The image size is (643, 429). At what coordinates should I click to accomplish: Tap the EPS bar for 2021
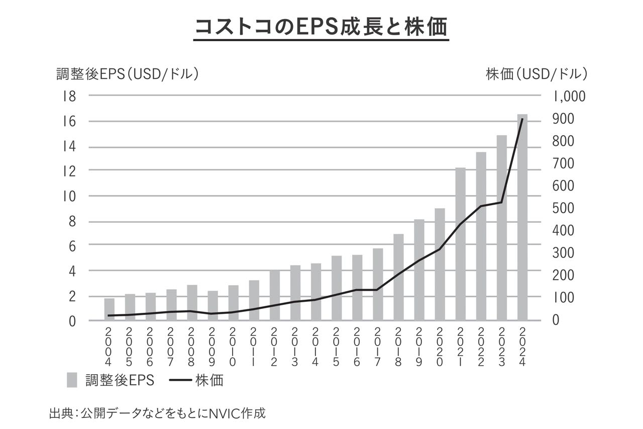point(461,244)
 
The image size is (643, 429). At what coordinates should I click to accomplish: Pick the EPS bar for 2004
point(109,309)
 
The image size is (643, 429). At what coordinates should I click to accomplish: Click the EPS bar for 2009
point(212,306)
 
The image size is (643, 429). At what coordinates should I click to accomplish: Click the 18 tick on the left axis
point(69,96)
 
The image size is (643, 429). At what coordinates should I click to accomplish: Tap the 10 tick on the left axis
point(69,196)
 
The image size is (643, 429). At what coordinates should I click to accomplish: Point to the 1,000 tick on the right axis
point(570,96)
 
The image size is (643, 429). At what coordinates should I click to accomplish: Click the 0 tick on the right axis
point(555,320)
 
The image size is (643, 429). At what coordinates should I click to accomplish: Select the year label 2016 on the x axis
point(357,347)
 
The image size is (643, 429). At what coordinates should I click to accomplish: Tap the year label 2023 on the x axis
point(501,347)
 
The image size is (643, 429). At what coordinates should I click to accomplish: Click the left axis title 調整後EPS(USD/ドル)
point(128,74)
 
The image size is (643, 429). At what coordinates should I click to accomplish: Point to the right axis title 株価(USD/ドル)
point(537,74)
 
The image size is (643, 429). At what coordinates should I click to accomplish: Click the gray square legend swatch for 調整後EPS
point(72,380)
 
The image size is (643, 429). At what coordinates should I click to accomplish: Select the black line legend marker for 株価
point(179,380)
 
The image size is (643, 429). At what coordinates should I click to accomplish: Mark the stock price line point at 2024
point(522,119)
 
